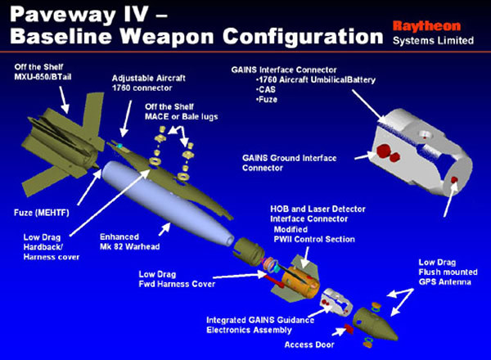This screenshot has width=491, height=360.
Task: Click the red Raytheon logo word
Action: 426,26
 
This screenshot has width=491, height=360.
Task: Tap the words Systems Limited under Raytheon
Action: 433,41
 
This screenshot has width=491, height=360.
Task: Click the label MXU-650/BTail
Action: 43,77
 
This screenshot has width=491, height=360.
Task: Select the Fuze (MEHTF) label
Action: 42,213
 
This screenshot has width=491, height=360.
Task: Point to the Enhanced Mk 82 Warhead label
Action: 129,241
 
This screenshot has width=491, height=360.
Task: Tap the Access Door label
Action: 309,344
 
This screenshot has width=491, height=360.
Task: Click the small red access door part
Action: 349,329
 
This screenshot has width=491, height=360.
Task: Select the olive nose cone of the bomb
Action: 375,324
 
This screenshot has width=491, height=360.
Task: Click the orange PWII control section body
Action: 300,282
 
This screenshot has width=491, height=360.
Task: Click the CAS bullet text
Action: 265,89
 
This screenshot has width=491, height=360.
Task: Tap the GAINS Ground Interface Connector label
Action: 290,163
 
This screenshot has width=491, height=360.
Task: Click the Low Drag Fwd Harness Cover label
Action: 177,279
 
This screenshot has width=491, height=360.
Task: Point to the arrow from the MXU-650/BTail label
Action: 64,100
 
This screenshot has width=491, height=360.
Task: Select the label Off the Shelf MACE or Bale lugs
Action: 182,112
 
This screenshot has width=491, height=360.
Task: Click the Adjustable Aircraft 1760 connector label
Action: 149,83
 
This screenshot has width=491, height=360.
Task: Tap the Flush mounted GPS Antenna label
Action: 448,272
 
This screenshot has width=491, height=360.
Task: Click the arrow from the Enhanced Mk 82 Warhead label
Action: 164,229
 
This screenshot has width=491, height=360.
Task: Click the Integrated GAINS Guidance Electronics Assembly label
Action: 260,325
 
